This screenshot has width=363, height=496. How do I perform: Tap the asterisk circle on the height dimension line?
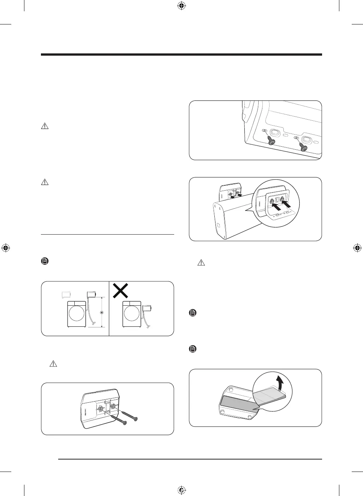click(101, 312)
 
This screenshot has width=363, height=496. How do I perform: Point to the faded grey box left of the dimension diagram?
click(67, 294)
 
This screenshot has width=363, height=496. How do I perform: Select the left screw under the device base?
click(271, 141)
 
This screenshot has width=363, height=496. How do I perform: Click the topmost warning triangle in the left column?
click(45, 126)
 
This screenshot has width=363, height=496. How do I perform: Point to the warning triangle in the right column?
click(201, 263)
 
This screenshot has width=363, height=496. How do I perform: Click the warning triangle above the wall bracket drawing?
click(53, 364)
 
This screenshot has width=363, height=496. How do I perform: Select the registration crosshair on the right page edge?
click(357, 248)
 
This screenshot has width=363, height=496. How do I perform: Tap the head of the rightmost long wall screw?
click(136, 419)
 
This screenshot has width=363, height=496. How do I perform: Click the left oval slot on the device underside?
click(274, 133)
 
